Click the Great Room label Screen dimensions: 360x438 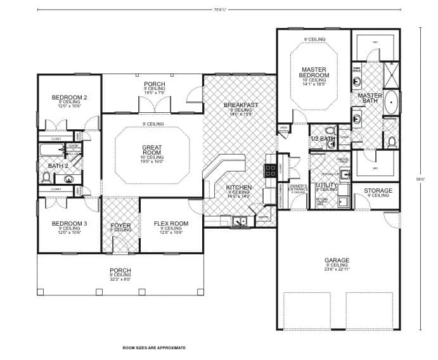point(152,150)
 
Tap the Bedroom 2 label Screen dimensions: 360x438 point(69,97)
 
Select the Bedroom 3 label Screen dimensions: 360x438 point(69,224)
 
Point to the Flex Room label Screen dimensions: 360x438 point(171,224)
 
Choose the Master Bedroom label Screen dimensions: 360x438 point(314,72)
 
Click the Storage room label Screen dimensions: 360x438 point(377,190)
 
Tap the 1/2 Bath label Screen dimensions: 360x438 point(322,138)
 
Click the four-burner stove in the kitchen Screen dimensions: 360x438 point(269,169)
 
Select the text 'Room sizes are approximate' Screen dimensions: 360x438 point(153,348)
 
